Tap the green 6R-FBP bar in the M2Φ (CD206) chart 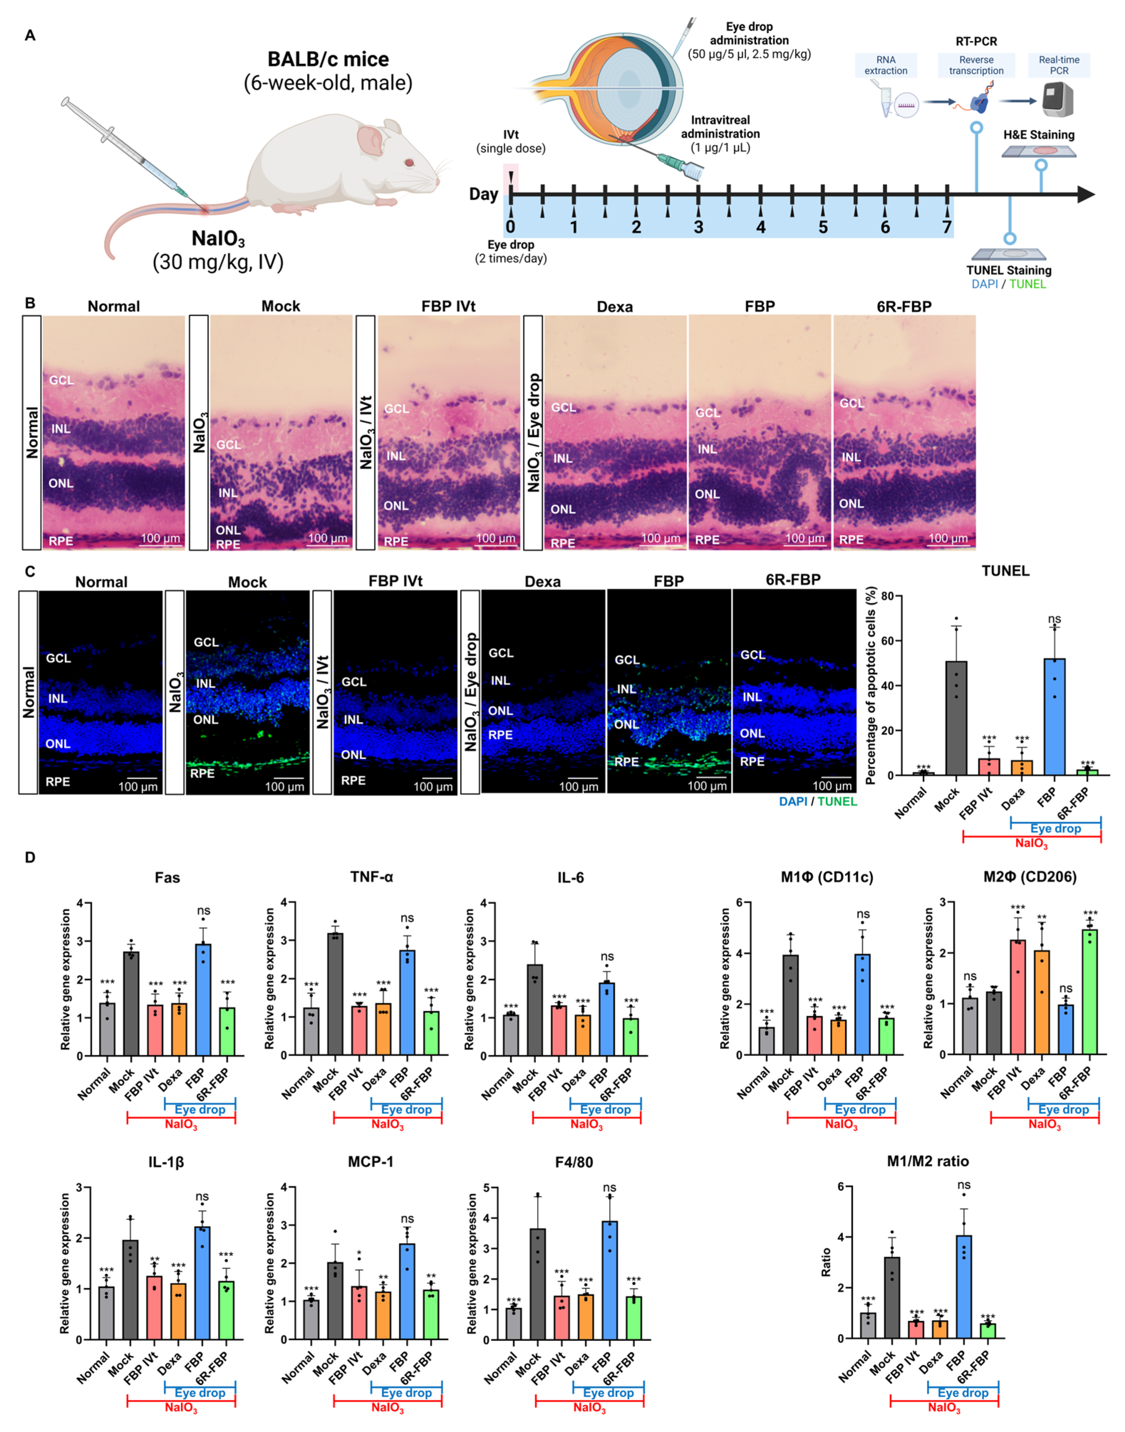pos(1089,991)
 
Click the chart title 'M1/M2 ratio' pos(927,1161)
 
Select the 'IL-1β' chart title pos(166,1161)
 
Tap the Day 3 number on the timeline pos(698,227)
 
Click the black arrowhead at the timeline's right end pos(1085,194)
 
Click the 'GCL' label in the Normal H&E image pos(61,380)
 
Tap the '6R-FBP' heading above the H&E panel pos(904,306)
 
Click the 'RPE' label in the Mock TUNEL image pos(202,773)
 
